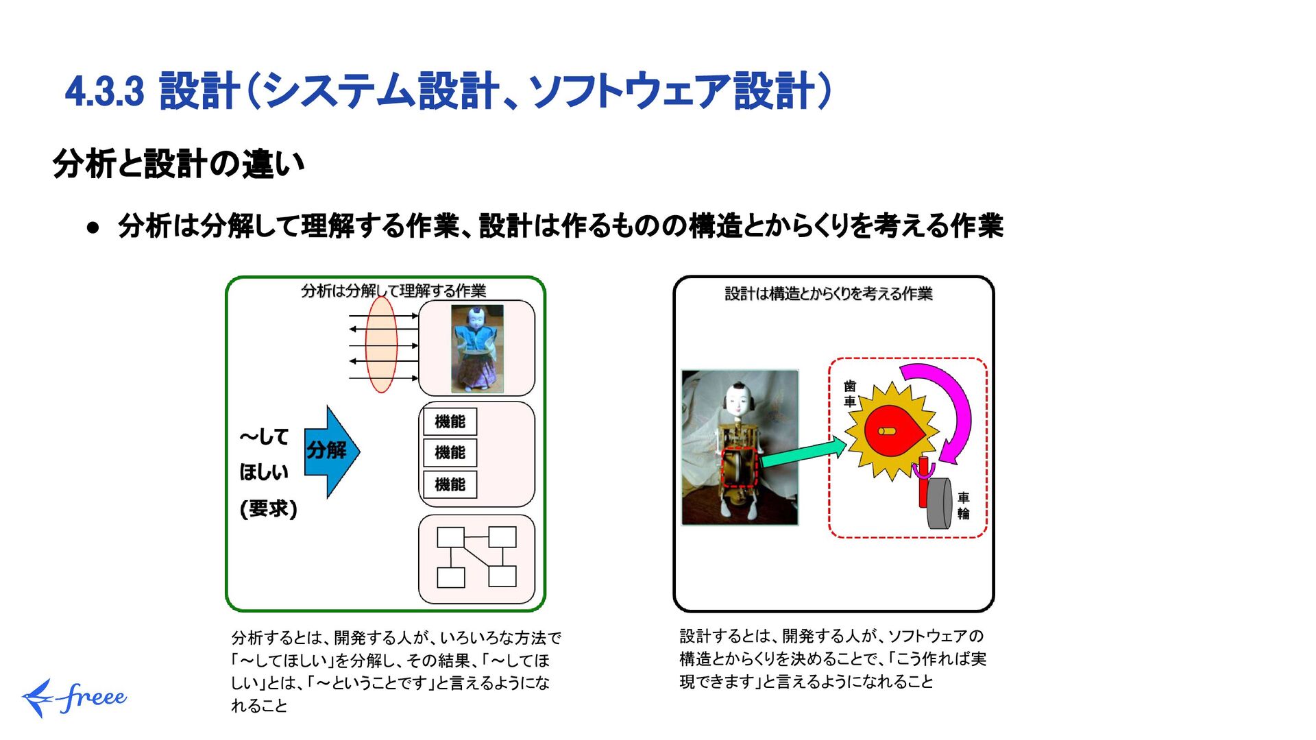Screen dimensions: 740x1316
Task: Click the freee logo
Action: pos(74,698)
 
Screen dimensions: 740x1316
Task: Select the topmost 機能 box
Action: pos(450,421)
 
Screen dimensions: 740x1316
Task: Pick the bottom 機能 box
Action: pos(450,484)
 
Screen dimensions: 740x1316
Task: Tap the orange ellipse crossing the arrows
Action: pos(382,344)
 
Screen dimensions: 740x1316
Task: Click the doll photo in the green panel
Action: pos(477,348)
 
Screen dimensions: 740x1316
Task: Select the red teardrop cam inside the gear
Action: pos(891,430)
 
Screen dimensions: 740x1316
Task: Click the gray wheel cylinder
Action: pos(939,504)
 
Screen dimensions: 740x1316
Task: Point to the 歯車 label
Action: pos(850,394)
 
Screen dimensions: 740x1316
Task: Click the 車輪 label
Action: pos(963,506)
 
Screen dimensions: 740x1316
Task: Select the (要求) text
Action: pos(268,508)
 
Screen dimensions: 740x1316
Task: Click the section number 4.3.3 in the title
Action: pos(104,92)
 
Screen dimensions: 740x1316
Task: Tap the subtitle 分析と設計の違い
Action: pos(178,164)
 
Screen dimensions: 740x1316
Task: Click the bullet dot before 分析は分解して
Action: pos(93,227)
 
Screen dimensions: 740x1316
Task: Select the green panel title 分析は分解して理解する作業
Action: pos(393,291)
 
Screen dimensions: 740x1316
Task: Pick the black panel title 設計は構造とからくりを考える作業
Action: pos(828,294)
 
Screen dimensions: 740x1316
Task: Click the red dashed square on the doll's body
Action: pos(740,468)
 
